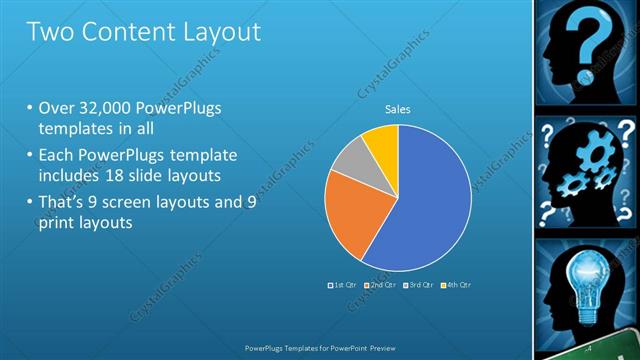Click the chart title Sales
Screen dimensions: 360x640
coord(398,110)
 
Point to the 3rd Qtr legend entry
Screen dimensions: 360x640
coord(419,285)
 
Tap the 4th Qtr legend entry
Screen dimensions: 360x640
coord(456,285)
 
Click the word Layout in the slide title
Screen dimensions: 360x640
coord(212,31)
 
